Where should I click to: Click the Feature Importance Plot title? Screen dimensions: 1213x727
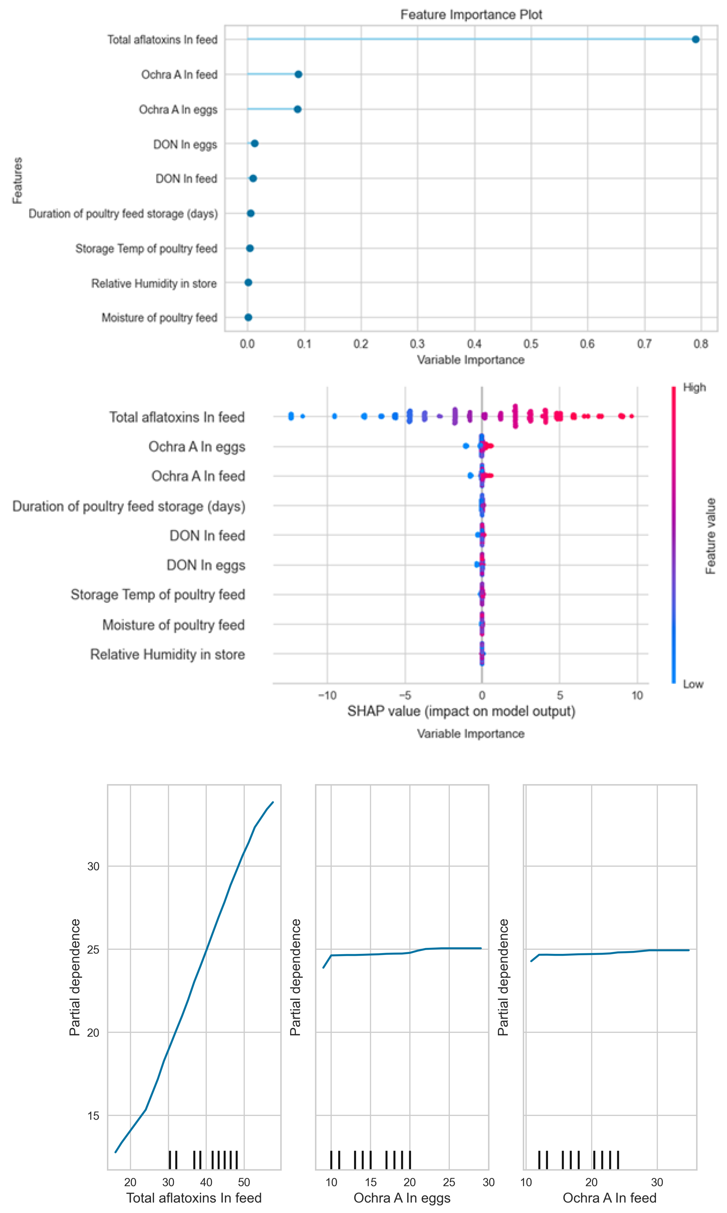tap(471, 15)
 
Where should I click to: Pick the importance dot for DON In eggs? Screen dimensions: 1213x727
tap(254, 143)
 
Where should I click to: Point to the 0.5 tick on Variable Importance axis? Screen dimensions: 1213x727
tap(531, 344)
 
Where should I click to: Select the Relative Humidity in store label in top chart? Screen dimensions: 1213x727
tap(154, 284)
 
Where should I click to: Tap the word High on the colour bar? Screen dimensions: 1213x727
tap(694, 387)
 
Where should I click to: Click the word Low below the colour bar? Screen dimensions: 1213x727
tap(693, 684)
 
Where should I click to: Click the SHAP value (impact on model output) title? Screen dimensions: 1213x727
tap(461, 711)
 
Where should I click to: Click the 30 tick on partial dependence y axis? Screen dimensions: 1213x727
tap(93, 866)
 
